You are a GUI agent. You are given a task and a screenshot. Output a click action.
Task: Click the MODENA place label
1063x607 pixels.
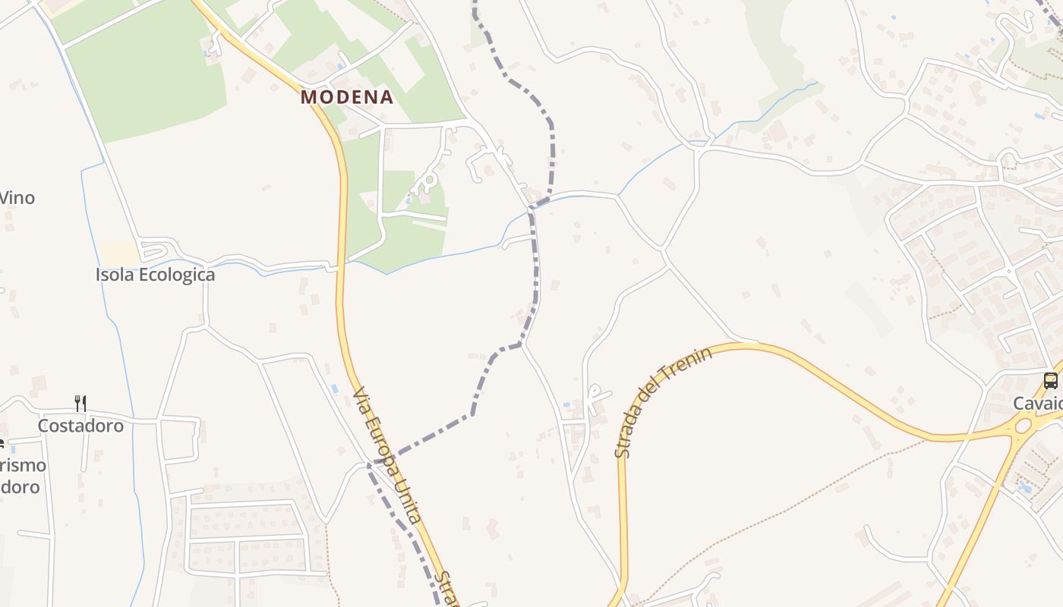click(347, 97)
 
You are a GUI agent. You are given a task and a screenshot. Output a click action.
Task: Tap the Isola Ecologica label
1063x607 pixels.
click(155, 275)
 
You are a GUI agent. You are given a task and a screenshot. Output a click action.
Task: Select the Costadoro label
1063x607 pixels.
click(80, 426)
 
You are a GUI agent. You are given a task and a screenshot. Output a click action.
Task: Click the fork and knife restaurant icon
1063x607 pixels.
click(80, 403)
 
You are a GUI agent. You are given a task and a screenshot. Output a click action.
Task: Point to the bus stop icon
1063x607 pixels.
click(1051, 381)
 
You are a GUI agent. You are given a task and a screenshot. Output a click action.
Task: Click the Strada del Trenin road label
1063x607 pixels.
click(662, 404)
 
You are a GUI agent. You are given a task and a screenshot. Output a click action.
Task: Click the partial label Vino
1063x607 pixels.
click(17, 198)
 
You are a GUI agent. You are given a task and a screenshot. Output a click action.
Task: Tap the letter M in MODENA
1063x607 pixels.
click(308, 97)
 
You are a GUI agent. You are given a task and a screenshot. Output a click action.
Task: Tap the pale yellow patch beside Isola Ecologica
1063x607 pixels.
click(118, 253)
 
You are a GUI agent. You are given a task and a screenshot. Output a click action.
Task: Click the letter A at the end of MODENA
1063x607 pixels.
click(386, 97)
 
